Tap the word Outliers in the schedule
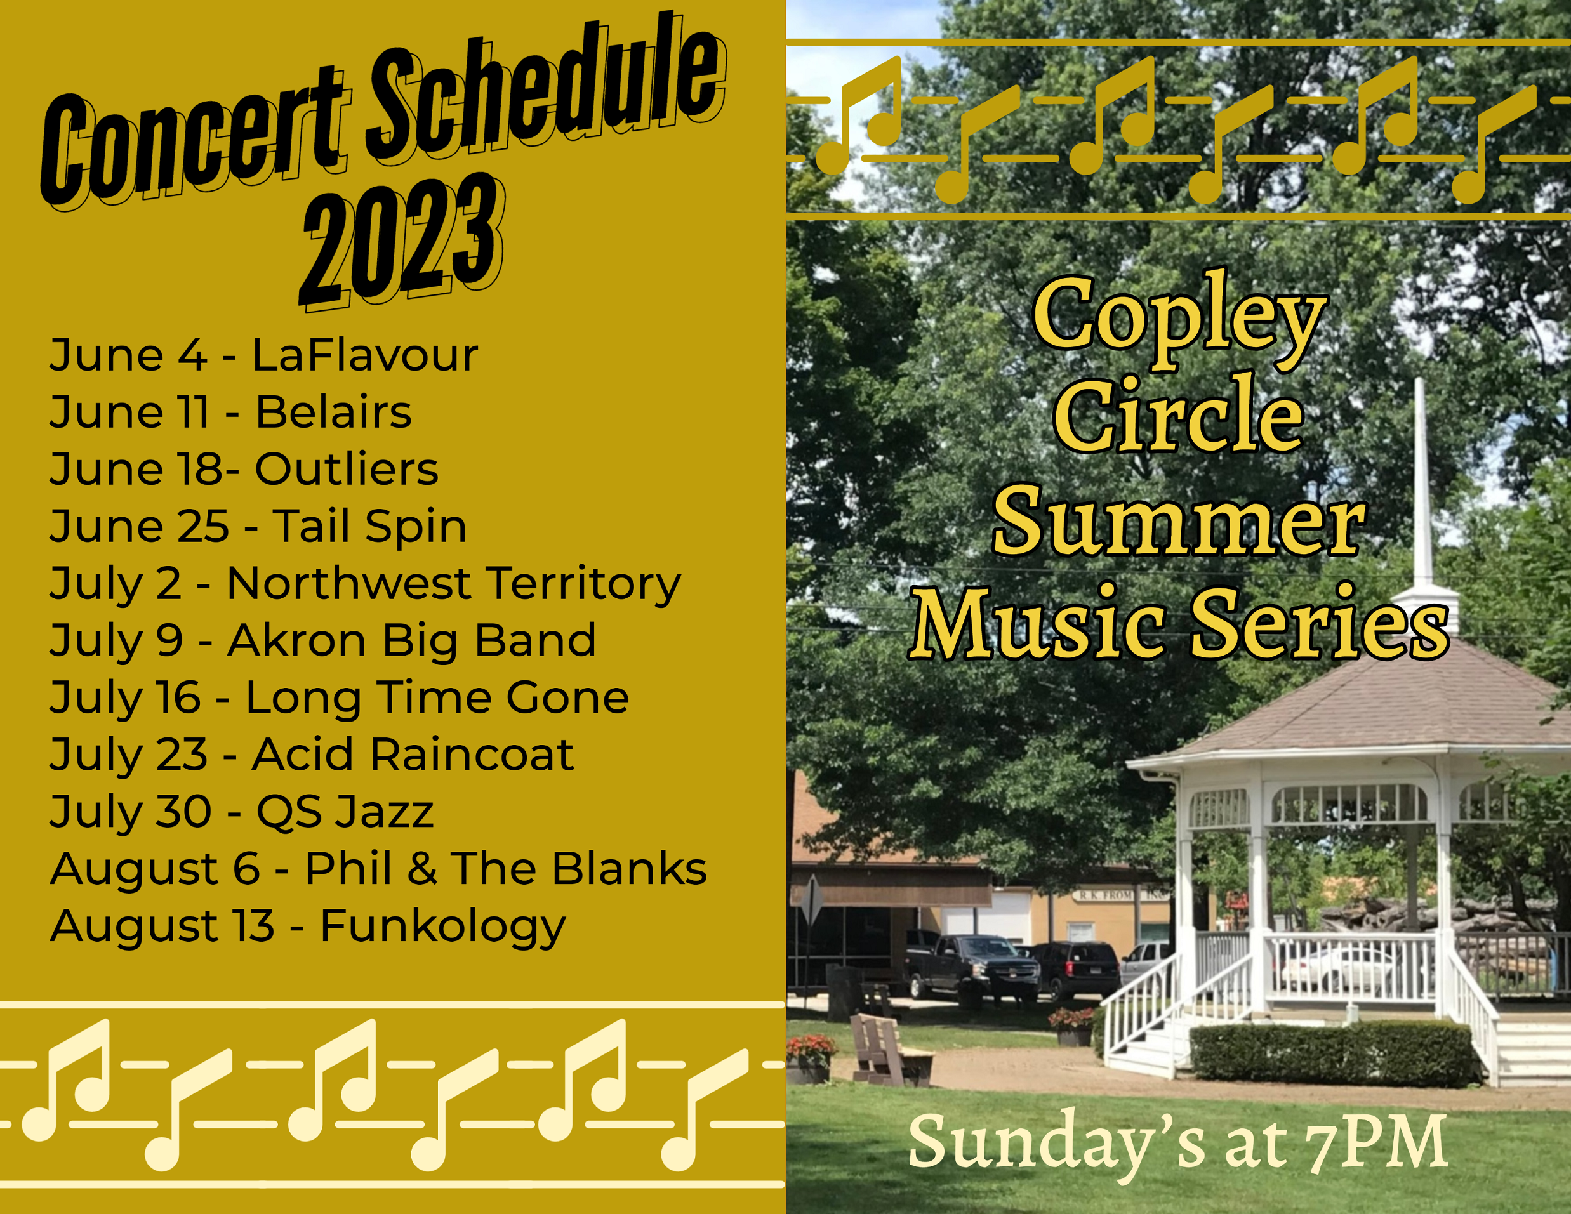[346, 469]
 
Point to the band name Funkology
[442, 926]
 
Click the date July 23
[128, 755]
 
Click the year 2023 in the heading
[401, 241]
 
